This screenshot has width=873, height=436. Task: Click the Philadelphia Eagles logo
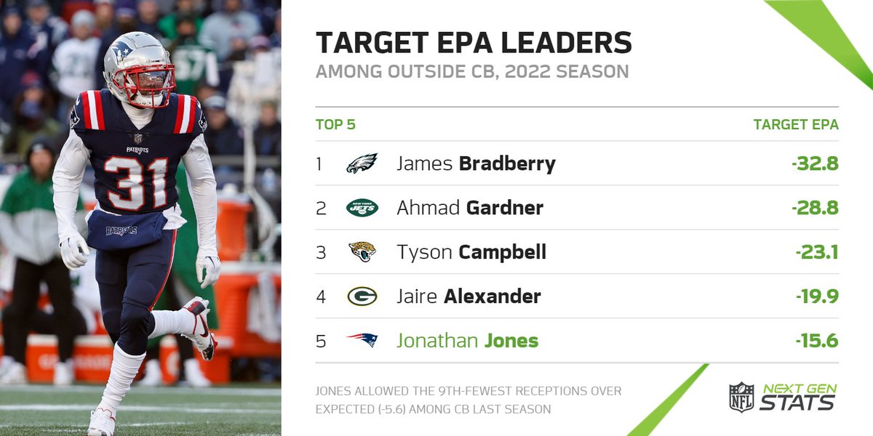point(362,163)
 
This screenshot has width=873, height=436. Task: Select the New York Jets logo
point(362,209)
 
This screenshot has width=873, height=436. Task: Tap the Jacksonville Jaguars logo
point(362,252)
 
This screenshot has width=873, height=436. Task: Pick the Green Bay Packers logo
point(362,296)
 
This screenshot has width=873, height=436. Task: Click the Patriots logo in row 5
point(362,340)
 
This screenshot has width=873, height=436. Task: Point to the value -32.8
point(815,163)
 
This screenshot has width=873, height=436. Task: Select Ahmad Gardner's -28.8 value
point(815,209)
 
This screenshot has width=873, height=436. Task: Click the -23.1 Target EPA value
point(817,252)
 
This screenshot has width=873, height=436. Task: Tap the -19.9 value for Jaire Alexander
point(817,296)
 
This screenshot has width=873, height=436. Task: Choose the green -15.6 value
point(817,340)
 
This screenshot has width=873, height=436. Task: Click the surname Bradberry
point(507,163)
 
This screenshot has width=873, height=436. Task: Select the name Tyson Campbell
point(471,252)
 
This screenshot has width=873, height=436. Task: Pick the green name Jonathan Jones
point(467,340)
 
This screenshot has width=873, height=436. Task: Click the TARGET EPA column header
point(796,124)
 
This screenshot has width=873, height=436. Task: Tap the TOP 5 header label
point(335,124)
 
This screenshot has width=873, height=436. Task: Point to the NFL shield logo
point(741,397)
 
